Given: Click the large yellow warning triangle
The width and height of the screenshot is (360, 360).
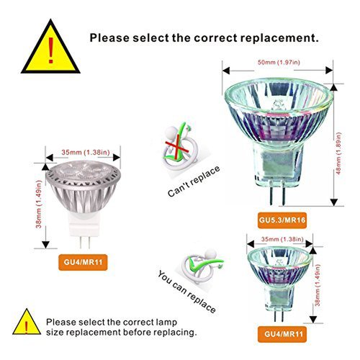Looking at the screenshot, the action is click(x=50, y=48).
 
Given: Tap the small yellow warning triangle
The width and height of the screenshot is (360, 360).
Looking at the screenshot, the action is click(x=27, y=323).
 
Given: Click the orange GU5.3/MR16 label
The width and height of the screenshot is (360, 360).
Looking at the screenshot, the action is click(x=282, y=220).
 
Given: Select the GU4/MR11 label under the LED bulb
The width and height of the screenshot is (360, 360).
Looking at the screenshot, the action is click(x=83, y=262).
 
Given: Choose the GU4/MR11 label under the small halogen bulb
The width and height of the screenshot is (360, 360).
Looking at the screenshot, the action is click(x=282, y=334).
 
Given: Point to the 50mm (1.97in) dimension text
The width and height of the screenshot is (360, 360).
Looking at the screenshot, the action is click(x=279, y=63).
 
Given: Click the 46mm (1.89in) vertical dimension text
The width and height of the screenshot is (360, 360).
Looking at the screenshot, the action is click(x=338, y=153).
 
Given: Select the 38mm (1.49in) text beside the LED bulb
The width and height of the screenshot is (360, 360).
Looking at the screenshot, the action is click(x=39, y=204).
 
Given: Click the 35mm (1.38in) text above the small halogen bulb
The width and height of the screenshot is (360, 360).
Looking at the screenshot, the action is click(x=282, y=239).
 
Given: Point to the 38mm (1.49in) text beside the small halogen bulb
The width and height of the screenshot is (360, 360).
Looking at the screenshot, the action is click(x=318, y=285).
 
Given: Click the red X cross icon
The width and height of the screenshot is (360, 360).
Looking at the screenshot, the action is click(x=177, y=147).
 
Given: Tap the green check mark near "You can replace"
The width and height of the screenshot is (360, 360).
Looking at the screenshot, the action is click(x=205, y=264).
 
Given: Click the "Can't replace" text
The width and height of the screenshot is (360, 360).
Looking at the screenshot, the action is click(x=194, y=181).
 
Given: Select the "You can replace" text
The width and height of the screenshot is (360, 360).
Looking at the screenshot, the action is click(x=186, y=292).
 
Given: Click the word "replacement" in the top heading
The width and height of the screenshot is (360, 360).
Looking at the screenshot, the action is click(x=279, y=38).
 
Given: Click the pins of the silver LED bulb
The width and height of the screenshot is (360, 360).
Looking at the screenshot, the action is click(x=85, y=243).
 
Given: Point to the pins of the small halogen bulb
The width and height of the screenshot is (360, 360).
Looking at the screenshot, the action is click(x=279, y=315).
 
